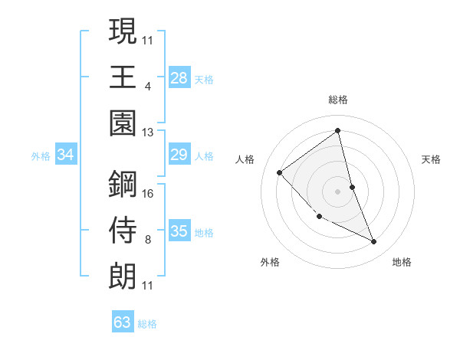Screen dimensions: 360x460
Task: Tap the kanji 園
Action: [123, 123]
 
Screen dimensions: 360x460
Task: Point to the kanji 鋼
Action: [123, 184]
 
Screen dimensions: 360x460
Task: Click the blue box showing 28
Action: [179, 78]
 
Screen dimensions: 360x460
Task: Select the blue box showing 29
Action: [179, 155]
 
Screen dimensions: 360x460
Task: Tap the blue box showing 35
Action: [179, 231]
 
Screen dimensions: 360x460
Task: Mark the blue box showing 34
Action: [66, 155]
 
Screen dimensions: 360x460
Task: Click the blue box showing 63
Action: [123, 322]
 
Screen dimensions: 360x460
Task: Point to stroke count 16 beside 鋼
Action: [149, 193]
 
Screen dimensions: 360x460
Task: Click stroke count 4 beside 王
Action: [147, 86]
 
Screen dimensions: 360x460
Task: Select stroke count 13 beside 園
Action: [149, 132]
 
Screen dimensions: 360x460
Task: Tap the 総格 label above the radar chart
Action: [338, 100]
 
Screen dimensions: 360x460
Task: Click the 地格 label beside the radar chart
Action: [402, 262]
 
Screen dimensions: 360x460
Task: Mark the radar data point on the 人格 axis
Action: [280, 172]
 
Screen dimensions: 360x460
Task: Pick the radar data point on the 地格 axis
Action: [374, 242]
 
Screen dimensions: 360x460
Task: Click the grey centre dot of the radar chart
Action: [338, 191]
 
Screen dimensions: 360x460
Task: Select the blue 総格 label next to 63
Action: [147, 324]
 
